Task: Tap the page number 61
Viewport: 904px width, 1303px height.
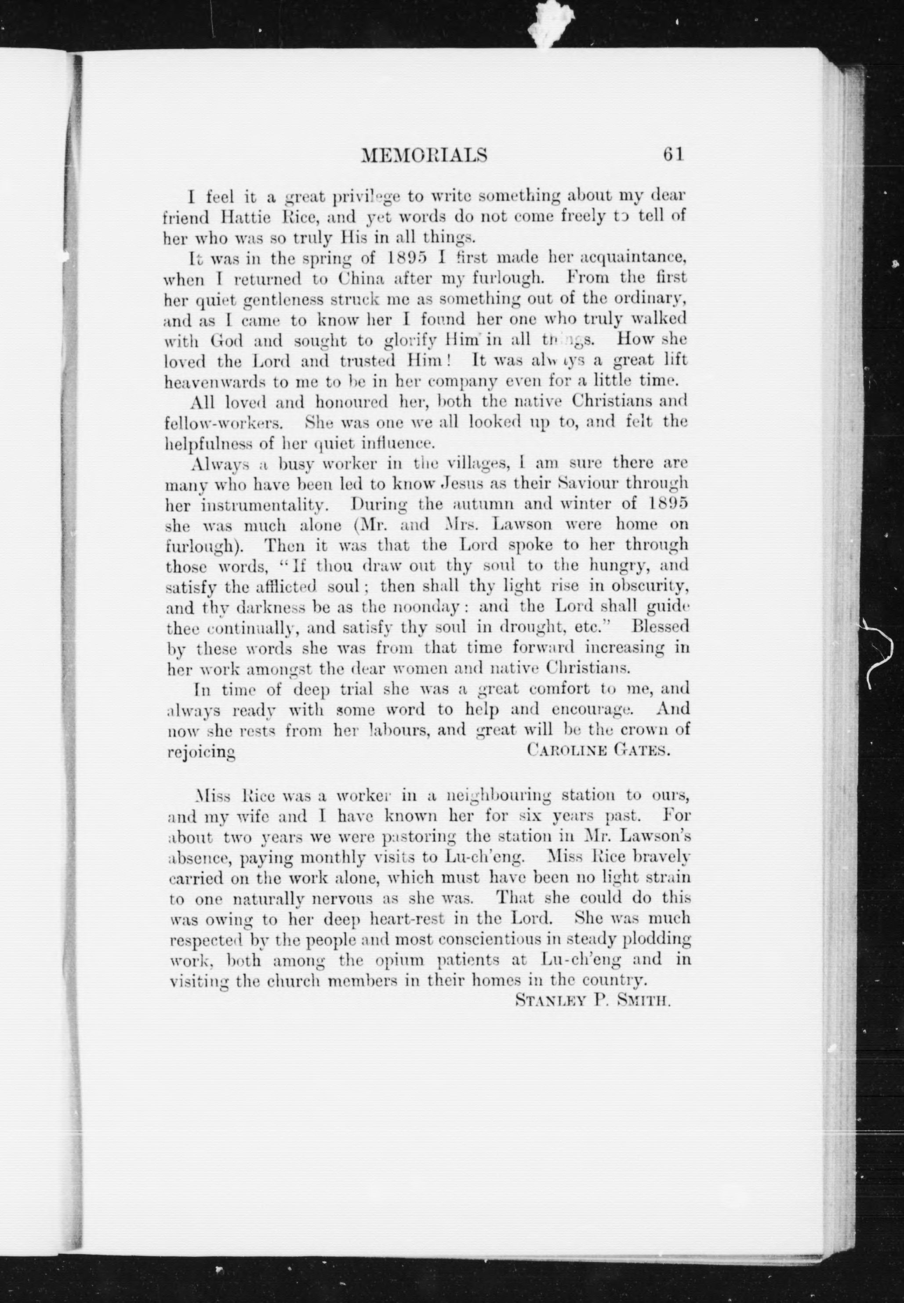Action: (673, 154)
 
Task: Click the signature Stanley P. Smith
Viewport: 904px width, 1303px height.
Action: (593, 1001)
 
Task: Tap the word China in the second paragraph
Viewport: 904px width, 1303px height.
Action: (362, 279)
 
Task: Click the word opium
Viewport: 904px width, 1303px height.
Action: (399, 959)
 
